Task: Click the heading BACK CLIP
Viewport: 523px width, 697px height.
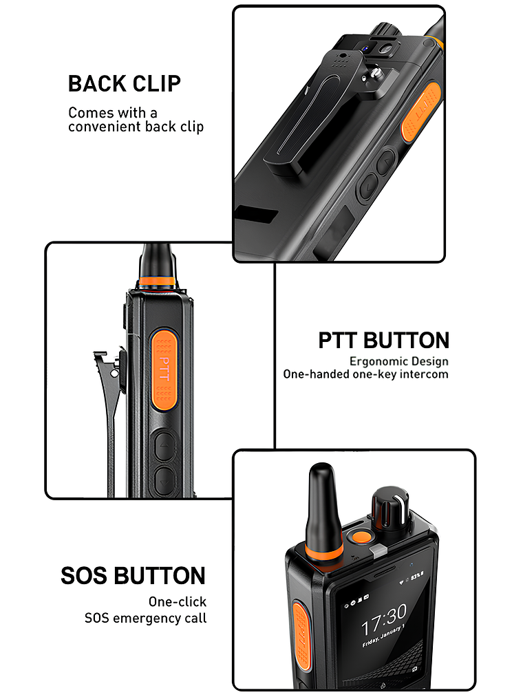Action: (125, 84)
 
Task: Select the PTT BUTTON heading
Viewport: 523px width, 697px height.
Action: (383, 340)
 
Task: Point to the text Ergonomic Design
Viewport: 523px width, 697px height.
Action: (398, 361)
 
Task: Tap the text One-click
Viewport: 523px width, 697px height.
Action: (177, 602)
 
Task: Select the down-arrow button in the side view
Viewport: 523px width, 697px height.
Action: (164, 479)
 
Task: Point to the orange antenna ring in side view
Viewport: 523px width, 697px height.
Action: (156, 281)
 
